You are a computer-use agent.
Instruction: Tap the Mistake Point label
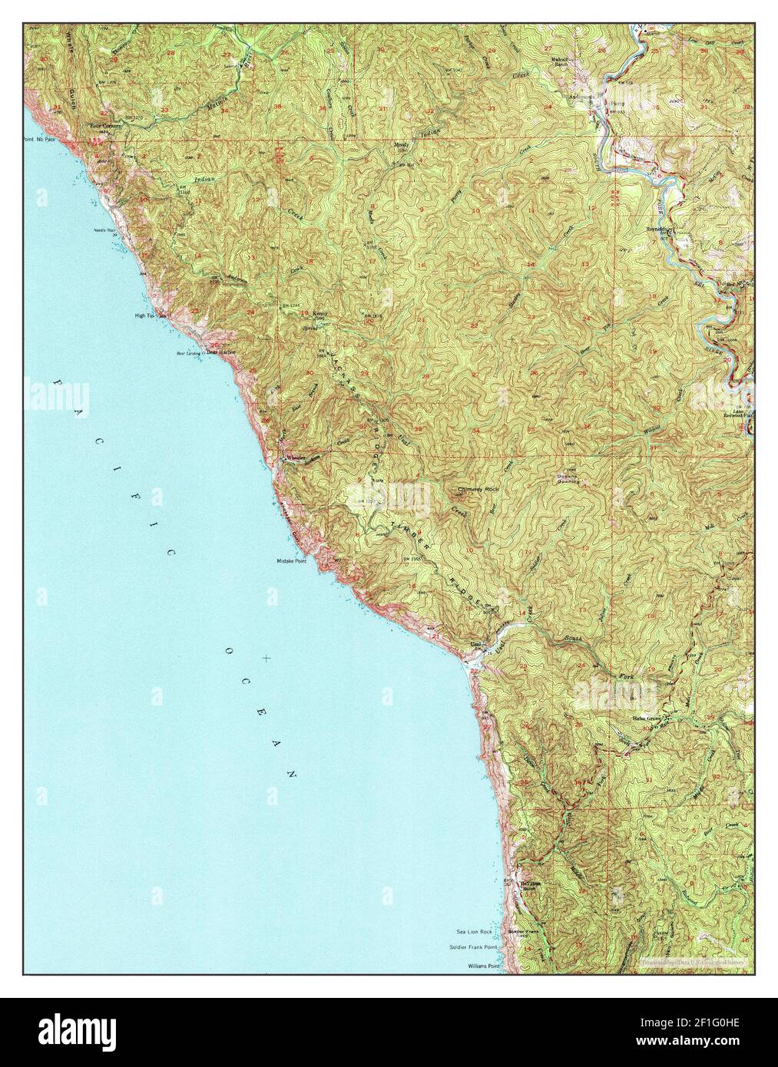click(292, 561)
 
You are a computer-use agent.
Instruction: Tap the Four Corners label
click(106, 127)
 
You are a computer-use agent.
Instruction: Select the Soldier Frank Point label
click(471, 947)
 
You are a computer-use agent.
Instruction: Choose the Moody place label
click(401, 144)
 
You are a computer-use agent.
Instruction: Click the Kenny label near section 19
click(320, 313)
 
